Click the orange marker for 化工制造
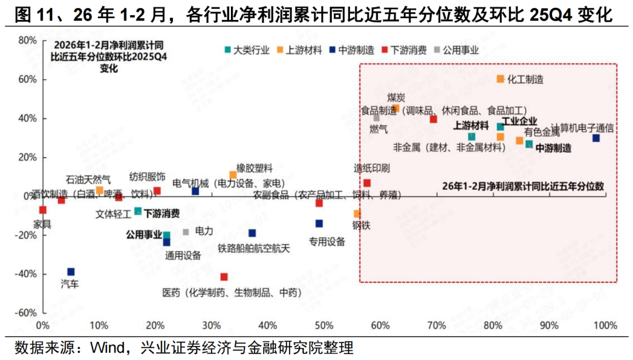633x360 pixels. tap(501, 79)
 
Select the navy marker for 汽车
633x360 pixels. tap(71, 271)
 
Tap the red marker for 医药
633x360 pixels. tap(223, 277)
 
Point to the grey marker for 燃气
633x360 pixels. tap(377, 118)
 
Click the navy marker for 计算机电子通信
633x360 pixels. tap(595, 138)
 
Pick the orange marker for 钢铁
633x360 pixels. tap(357, 213)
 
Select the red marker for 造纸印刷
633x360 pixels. tap(367, 183)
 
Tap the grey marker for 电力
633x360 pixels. tap(186, 232)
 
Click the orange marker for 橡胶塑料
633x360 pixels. tap(233, 175)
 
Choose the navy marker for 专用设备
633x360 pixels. tap(319, 223)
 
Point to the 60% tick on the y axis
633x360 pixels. tap(28, 80)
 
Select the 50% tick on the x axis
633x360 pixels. tap(324, 325)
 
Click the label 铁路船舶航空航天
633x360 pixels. tap(254, 249)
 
